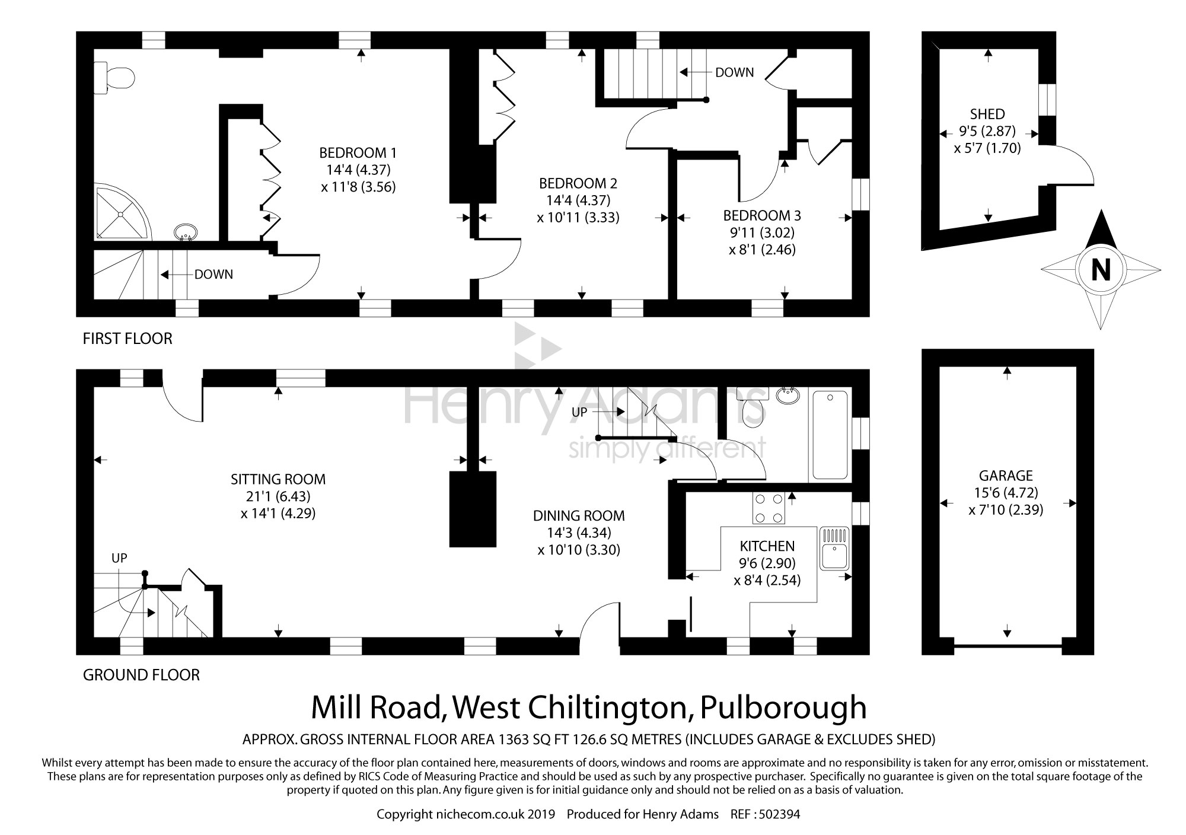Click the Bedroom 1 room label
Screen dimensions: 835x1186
(358, 153)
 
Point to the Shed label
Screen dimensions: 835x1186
(987, 114)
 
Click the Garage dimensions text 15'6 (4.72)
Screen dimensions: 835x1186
(1006, 493)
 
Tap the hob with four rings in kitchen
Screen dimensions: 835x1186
(768, 508)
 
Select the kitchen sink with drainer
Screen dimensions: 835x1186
(836, 547)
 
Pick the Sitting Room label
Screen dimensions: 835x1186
(278, 479)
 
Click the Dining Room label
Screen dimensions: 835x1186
(579, 516)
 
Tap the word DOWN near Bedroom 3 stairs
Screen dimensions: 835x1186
(734, 72)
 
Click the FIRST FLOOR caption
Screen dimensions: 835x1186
(127, 339)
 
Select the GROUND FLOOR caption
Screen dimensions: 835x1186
(141, 675)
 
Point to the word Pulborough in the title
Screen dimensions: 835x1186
(783, 707)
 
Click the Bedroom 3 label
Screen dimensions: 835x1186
(762, 215)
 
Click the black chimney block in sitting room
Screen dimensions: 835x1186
(472, 509)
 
